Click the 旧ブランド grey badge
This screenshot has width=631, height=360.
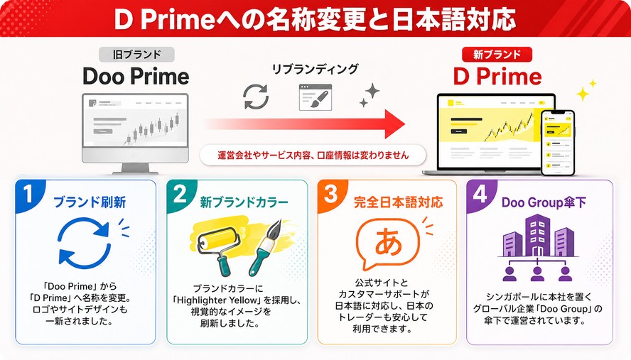pyautogui.click(x=136, y=54)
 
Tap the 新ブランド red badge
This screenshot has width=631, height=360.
pyautogui.click(x=497, y=54)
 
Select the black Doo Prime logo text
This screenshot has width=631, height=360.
pyautogui.click(x=136, y=77)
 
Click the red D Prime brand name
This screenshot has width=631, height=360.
pyautogui.click(x=497, y=77)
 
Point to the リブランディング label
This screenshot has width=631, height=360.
pyautogui.click(x=315, y=69)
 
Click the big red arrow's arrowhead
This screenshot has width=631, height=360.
pyautogui.click(x=394, y=124)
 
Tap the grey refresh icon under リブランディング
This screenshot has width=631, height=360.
pyautogui.click(x=256, y=97)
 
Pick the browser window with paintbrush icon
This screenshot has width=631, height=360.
pyautogui.click(x=315, y=97)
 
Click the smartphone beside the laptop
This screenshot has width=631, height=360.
pyautogui.click(x=558, y=143)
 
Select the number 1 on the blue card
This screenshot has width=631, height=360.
pyautogui.click(x=28, y=194)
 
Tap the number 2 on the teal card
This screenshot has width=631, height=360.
pyautogui.click(x=180, y=194)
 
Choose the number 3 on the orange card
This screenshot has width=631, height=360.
pyautogui.click(x=330, y=194)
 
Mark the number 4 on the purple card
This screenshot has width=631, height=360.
pyautogui.click(x=480, y=194)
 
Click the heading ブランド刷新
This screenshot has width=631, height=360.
pyautogui.click(x=90, y=202)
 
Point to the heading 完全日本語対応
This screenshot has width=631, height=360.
pyautogui.click(x=398, y=202)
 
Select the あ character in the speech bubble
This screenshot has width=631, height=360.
pyautogui.click(x=389, y=241)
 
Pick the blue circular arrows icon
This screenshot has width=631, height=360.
pyautogui.click(x=84, y=243)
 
